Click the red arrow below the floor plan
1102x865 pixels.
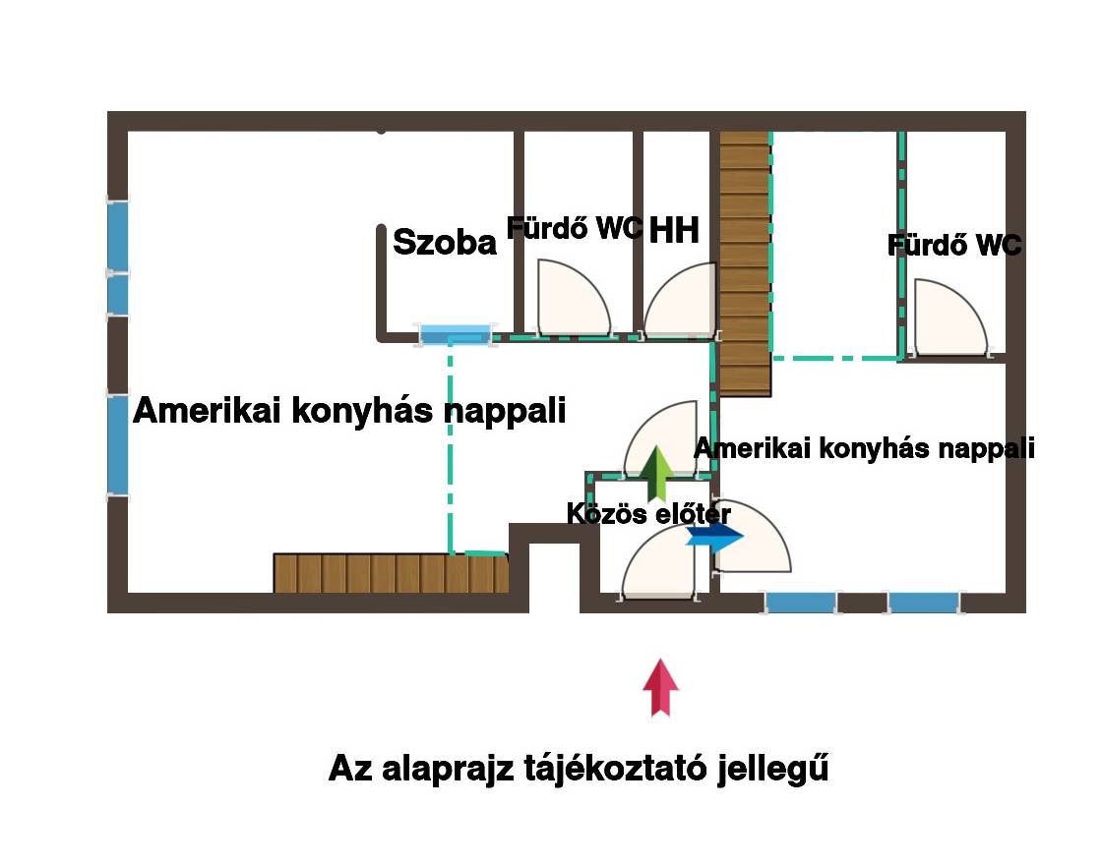pos(660,687)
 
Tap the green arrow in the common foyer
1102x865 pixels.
pos(656,473)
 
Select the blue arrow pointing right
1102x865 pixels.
pos(714,537)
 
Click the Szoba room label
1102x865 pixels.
pos(445,242)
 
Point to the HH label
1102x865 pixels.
pos(674,230)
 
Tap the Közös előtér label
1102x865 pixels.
pos(648,513)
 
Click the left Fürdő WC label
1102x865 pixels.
pos(575,227)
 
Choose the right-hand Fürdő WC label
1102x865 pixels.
pos(954,245)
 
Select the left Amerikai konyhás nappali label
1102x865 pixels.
pos(349,410)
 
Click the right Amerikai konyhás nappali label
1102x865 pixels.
pos(865,448)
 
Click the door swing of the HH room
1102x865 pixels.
pos(680,300)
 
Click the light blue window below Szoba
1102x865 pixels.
pos(456,334)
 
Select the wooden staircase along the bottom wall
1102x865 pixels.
pos(391,574)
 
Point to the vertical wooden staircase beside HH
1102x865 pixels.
pos(745,264)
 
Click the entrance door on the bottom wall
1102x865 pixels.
pos(658,563)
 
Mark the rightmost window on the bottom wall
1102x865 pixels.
pos(924,603)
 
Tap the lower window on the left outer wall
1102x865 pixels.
pos(118,445)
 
